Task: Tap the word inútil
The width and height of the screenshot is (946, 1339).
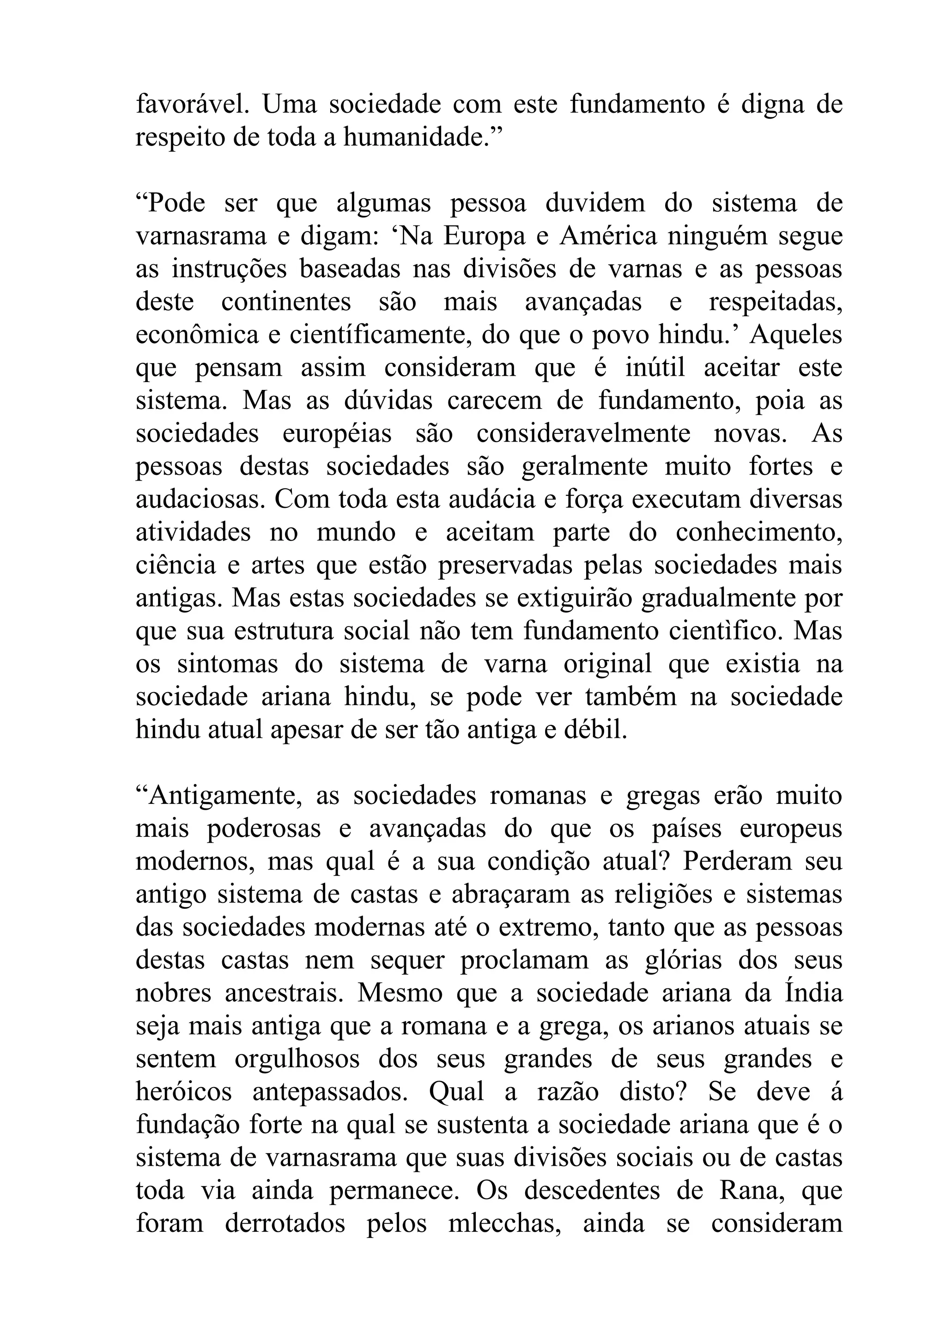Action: click(x=655, y=367)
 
